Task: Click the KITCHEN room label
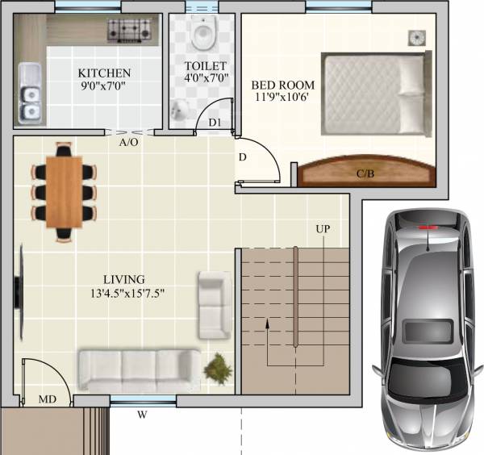coord(104,73)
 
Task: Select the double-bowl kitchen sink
coord(31,94)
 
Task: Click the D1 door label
coord(215,122)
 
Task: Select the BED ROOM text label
coord(282,85)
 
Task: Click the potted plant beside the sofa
coord(217,369)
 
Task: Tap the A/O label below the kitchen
coord(127,143)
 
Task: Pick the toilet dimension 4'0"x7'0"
coord(205,80)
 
